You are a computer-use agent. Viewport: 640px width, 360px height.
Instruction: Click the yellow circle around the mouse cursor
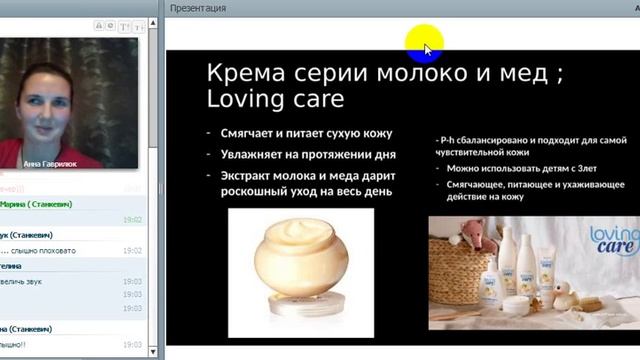(424, 44)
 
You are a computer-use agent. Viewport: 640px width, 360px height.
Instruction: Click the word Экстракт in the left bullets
(250, 175)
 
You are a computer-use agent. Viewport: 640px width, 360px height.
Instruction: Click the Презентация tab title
(198, 8)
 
